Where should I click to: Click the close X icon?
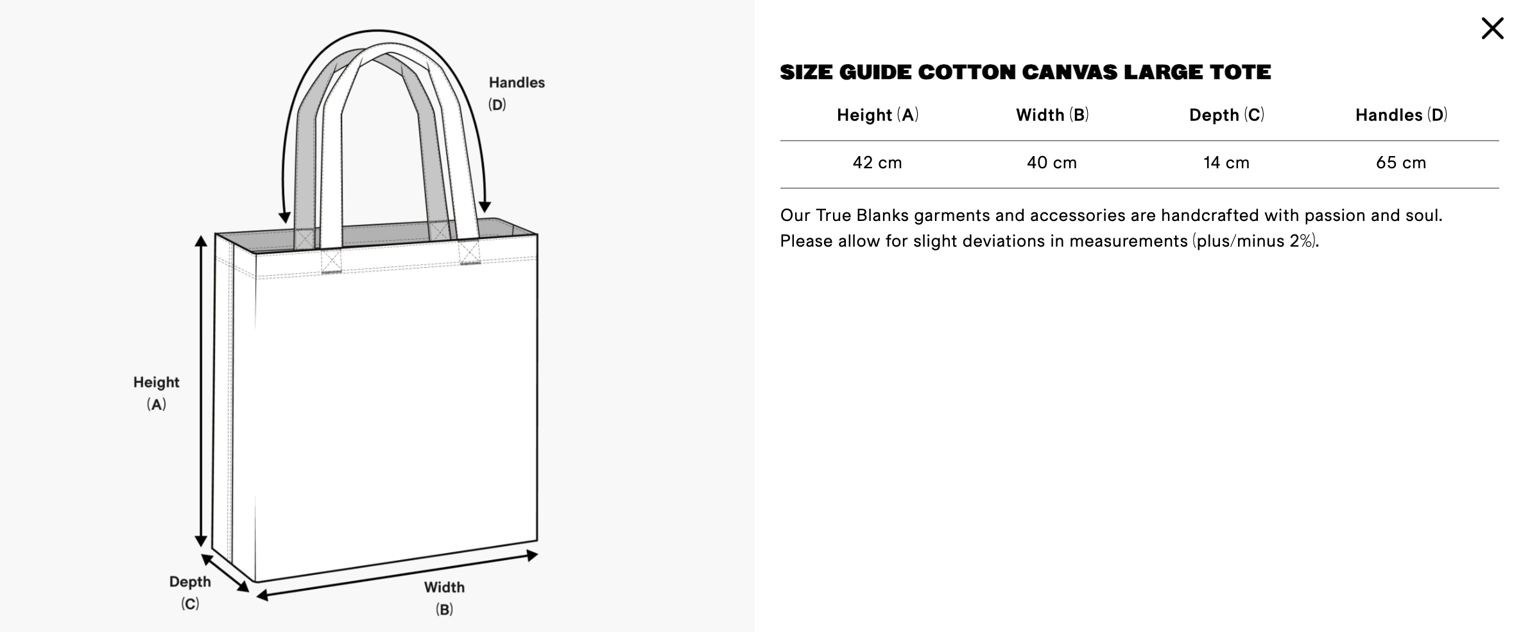click(1492, 28)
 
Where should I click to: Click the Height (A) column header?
click(877, 115)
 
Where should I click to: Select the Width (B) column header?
click(1052, 115)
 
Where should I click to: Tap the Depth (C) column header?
click(1226, 115)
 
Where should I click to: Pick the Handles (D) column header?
click(1401, 115)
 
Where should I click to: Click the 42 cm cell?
click(877, 162)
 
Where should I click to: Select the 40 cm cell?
click(1052, 162)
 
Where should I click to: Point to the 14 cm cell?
click(1226, 162)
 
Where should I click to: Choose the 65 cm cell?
click(1401, 162)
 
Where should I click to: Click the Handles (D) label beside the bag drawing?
click(517, 93)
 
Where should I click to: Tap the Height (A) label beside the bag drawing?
click(157, 393)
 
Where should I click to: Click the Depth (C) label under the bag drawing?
click(190, 592)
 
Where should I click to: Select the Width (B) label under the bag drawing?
click(444, 598)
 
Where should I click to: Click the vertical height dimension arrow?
click(201, 391)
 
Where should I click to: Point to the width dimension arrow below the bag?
click(397, 575)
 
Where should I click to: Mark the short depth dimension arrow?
click(225, 573)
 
